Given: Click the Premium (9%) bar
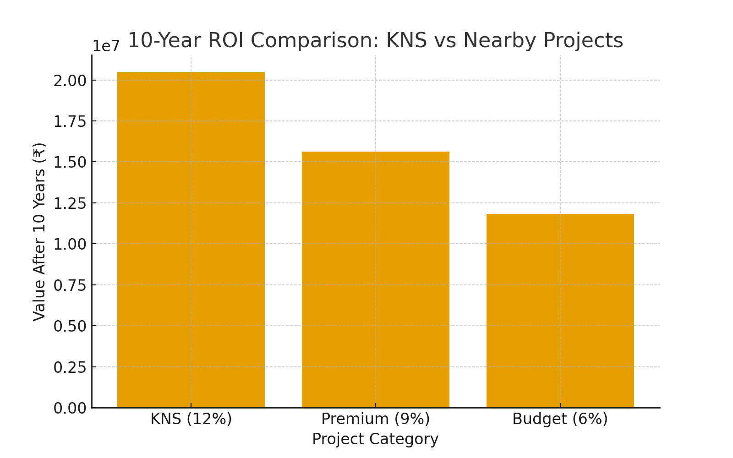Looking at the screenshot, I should click(x=376, y=279).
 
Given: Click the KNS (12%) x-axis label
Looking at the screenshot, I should click(x=191, y=419).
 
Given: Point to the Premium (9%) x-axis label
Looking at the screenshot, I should click(x=376, y=419).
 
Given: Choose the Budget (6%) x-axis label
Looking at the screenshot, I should click(x=560, y=419).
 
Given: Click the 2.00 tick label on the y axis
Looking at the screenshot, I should click(x=70, y=81).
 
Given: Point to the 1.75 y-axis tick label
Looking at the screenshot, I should click(x=70, y=121).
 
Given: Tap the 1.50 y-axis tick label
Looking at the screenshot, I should click(x=70, y=162).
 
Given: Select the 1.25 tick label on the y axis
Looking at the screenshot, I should click(x=70, y=203).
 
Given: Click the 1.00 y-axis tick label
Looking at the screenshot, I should click(x=70, y=244).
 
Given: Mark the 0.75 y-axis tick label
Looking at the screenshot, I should click(x=70, y=285).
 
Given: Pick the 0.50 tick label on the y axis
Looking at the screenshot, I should click(x=70, y=326).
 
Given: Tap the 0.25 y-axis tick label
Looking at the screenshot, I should click(x=70, y=367).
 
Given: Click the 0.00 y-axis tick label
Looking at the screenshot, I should click(x=70, y=408).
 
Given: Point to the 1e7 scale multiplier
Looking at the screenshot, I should click(x=106, y=46).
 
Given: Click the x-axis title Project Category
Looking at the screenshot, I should click(x=375, y=439).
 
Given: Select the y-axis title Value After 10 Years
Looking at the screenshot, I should click(x=40, y=231).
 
